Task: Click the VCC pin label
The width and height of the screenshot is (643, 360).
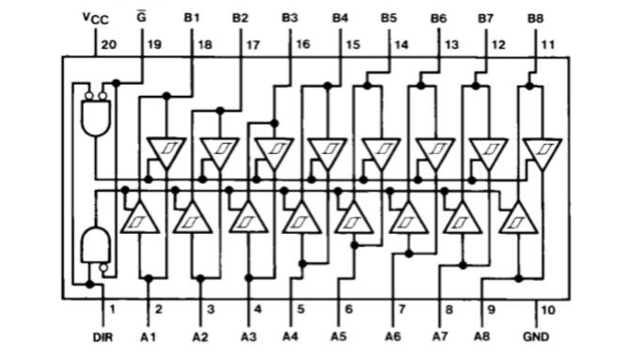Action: (x=95, y=19)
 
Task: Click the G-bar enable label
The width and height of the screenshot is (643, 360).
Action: (x=142, y=17)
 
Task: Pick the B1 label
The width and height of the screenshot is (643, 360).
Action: (x=192, y=17)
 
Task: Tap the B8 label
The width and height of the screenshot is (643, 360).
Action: (x=535, y=17)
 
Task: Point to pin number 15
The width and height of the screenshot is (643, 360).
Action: (x=352, y=43)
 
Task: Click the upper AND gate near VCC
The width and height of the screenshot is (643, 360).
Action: (x=94, y=117)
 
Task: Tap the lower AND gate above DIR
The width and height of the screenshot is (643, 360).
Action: (x=94, y=245)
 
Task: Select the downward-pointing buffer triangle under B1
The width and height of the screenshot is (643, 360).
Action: (x=165, y=151)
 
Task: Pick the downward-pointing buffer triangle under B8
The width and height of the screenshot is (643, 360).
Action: (x=541, y=151)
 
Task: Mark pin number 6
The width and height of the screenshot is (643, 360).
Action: (x=349, y=308)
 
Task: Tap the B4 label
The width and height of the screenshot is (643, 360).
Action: (x=339, y=17)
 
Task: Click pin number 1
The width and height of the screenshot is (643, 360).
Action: (x=111, y=308)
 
